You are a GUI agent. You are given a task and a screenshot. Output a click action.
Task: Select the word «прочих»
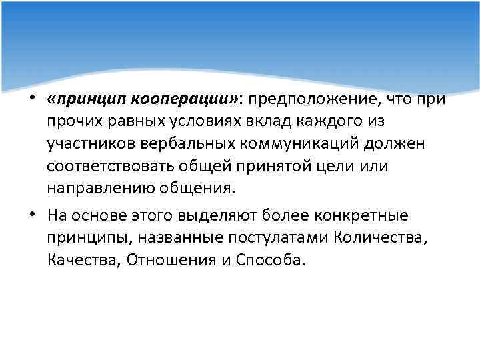point(69,122)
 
